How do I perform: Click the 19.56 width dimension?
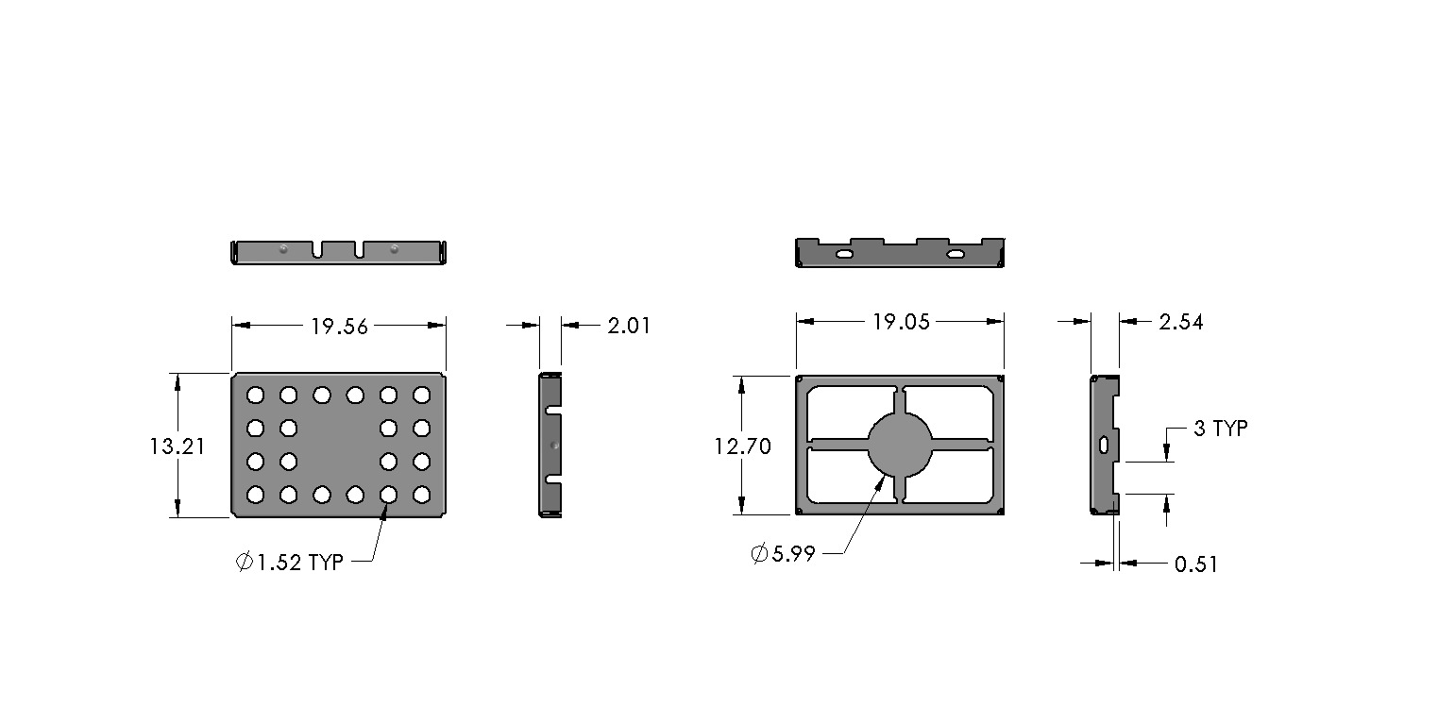340,327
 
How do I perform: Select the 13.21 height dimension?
178,446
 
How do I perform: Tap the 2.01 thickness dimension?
629,326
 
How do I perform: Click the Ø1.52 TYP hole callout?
290,562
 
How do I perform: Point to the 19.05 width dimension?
901,322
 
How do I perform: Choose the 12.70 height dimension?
743,446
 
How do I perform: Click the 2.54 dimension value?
1181,322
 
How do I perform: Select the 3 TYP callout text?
1221,428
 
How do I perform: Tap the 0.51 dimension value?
1196,564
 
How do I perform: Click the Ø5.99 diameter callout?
783,553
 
